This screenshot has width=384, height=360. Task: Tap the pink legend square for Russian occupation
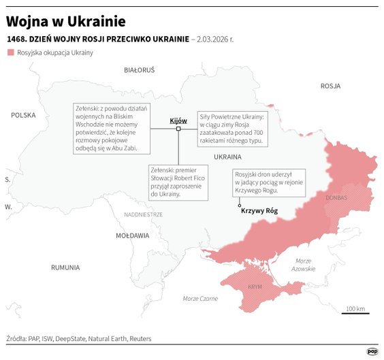point(10,52)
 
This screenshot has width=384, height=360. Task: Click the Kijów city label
point(178,120)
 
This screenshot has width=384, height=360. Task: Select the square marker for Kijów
point(178,129)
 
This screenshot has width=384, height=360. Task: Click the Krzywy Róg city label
point(259,211)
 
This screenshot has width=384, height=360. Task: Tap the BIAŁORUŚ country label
point(140,70)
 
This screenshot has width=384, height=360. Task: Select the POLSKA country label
point(22,116)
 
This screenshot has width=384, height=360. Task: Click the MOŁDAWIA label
point(132,235)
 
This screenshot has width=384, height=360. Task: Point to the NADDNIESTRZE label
point(143,214)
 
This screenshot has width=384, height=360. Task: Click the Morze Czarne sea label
point(200,299)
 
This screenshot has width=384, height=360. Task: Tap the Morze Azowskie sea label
point(303,265)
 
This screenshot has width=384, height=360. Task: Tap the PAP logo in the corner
point(372,351)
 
